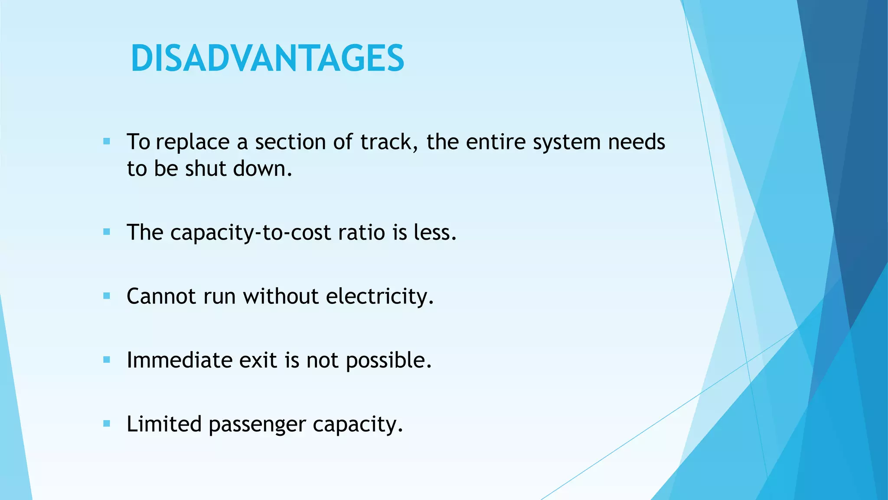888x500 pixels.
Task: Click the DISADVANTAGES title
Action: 268,59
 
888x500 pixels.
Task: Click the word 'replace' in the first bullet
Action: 193,142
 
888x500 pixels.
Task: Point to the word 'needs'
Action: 636,142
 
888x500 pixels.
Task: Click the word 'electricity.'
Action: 379,297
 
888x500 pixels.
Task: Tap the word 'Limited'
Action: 164,424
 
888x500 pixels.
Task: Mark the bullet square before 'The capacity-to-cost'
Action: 107,232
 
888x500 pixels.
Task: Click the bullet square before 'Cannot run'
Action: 107,296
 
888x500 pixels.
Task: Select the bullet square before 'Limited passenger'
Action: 107,424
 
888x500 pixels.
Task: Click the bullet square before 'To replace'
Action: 107,141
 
